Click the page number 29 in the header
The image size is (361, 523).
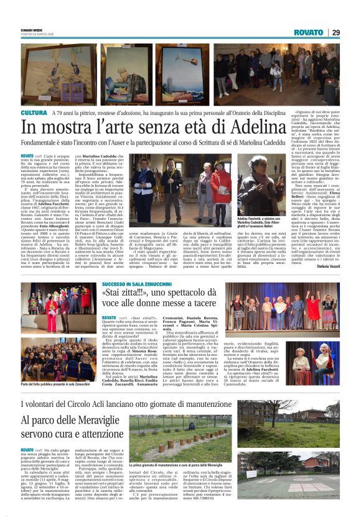(x=335, y=32)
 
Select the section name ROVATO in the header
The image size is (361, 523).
(x=309, y=32)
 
